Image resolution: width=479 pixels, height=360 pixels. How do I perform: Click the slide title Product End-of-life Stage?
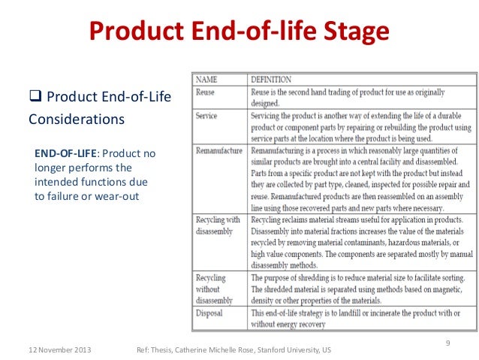pos(239,32)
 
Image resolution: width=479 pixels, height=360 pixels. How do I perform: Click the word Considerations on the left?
pos(76,119)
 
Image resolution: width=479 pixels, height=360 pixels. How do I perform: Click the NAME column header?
pos(208,79)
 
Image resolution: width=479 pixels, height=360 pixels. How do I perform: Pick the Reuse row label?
pos(206,91)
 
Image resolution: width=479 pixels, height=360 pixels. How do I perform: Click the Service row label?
pos(207,116)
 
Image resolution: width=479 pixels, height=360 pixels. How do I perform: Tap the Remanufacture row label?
pos(219,150)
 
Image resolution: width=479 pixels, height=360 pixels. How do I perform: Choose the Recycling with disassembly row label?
pos(218,225)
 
